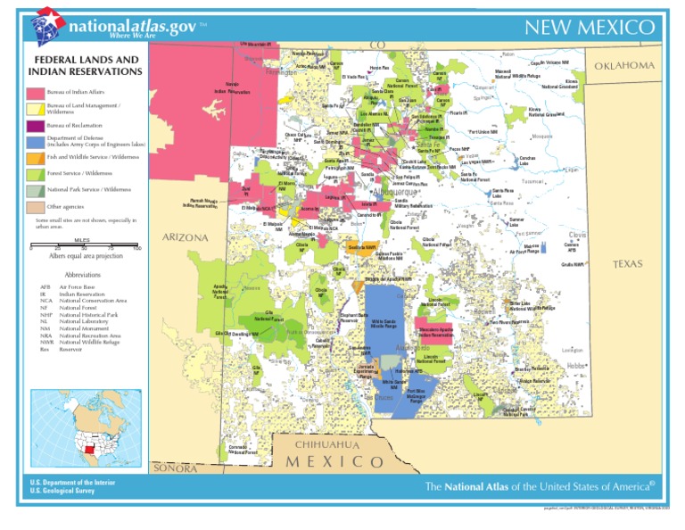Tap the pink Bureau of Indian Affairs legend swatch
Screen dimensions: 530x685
pyautogui.click(x=35, y=93)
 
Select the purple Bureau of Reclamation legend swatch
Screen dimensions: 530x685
pyautogui.click(x=35, y=126)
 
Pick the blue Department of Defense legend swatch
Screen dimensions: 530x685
pyautogui.click(x=35, y=141)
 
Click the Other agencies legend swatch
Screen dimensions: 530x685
pyautogui.click(x=35, y=207)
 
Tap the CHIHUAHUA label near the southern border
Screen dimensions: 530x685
pyautogui.click(x=329, y=444)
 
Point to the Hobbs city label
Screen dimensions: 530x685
pyautogui.click(x=576, y=365)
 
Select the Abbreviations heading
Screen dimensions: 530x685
pyautogui.click(x=83, y=275)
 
